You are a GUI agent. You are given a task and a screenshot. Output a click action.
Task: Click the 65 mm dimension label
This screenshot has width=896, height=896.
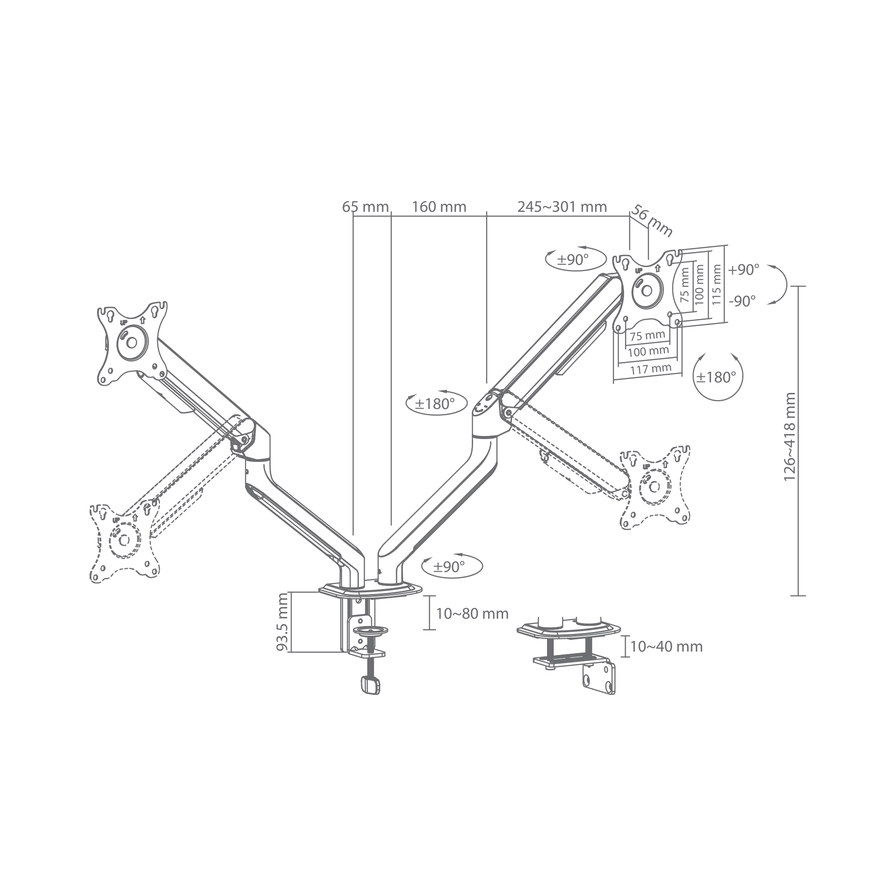coord(365,207)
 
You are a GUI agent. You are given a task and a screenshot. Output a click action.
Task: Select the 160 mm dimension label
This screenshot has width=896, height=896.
coord(439,207)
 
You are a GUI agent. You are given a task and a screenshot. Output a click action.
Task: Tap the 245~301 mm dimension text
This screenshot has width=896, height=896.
coord(562,207)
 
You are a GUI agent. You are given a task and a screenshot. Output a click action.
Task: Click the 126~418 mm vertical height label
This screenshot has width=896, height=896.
coord(789,437)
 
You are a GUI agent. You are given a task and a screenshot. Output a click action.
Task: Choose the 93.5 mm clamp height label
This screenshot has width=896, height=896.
coord(282,622)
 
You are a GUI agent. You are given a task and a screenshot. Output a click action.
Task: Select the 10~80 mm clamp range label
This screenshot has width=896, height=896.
coord(472,614)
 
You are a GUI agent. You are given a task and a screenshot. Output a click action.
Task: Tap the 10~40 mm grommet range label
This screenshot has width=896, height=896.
coord(667,646)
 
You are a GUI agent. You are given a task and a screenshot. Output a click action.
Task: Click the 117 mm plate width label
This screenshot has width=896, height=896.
coord(650,369)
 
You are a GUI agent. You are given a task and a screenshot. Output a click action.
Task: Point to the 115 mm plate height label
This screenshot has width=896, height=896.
coord(716,284)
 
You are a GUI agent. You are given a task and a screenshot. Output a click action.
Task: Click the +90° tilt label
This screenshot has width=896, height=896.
coord(743,269)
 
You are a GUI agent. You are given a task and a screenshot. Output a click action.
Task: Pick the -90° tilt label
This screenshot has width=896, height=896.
coord(742,301)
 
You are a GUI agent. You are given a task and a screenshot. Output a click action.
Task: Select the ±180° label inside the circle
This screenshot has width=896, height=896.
coord(716,377)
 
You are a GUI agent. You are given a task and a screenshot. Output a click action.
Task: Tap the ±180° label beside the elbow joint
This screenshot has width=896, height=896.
coord(434,404)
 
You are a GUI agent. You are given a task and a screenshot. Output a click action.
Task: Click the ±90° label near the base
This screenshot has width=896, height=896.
coord(449,566)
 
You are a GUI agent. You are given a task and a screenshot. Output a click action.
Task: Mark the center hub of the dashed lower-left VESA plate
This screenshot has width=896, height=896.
coord(124,540)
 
